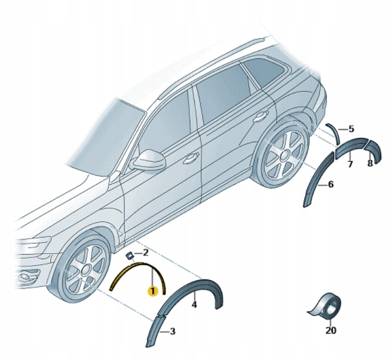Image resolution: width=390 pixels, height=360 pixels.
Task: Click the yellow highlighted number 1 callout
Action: [x=153, y=291]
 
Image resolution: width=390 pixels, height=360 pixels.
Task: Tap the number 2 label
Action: [x=145, y=253]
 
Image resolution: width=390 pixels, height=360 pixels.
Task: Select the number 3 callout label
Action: [x=172, y=331]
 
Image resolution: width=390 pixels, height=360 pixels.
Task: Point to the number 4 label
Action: [x=194, y=304]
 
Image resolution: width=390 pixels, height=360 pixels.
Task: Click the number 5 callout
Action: [x=351, y=129]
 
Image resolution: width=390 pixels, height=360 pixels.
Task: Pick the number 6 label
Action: [x=330, y=185]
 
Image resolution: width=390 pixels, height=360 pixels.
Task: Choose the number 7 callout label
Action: [x=350, y=164]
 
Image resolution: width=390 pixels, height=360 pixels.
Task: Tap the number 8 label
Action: [x=370, y=163]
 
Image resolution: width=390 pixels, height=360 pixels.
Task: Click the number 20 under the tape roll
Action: [x=331, y=330]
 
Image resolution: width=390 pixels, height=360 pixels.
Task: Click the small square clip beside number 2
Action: [x=130, y=256]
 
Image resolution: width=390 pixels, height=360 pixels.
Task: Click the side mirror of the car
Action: [x=149, y=160]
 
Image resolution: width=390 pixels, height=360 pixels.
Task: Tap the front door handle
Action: [x=191, y=158]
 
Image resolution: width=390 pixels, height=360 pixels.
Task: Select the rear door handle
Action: [x=260, y=116]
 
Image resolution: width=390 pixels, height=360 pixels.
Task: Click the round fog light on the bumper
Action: [x=25, y=277]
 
